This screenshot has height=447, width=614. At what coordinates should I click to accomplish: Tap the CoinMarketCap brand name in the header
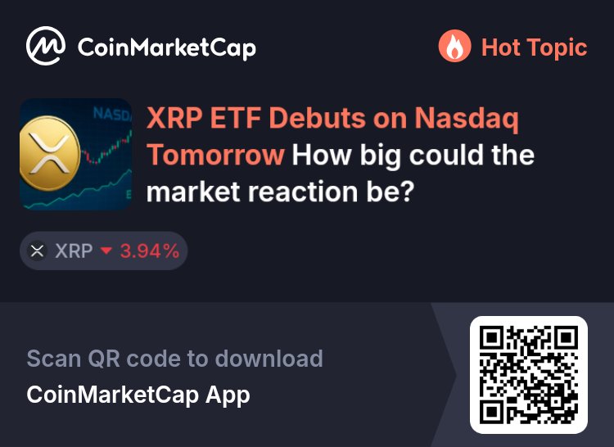tap(166, 47)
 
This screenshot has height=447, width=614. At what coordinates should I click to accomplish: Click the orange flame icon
tap(454, 47)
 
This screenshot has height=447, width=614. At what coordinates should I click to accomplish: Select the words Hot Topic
tap(534, 47)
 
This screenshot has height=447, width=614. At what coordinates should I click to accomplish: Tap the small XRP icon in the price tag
tap(37, 251)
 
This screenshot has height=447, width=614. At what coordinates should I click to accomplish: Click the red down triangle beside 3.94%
tap(105, 251)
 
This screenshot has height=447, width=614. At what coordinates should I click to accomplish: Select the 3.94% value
tap(149, 251)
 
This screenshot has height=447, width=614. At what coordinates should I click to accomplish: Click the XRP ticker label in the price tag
tap(74, 251)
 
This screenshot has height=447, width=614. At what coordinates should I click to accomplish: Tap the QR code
tap(529, 374)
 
